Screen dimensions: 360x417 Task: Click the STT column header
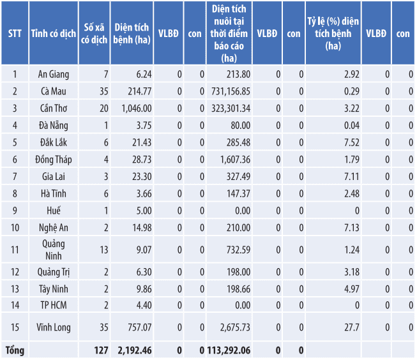tap(14, 34)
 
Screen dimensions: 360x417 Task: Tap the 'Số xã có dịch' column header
tap(95, 34)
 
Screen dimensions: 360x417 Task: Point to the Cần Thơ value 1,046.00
tap(136, 108)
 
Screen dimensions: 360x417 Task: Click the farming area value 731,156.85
tap(229, 91)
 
